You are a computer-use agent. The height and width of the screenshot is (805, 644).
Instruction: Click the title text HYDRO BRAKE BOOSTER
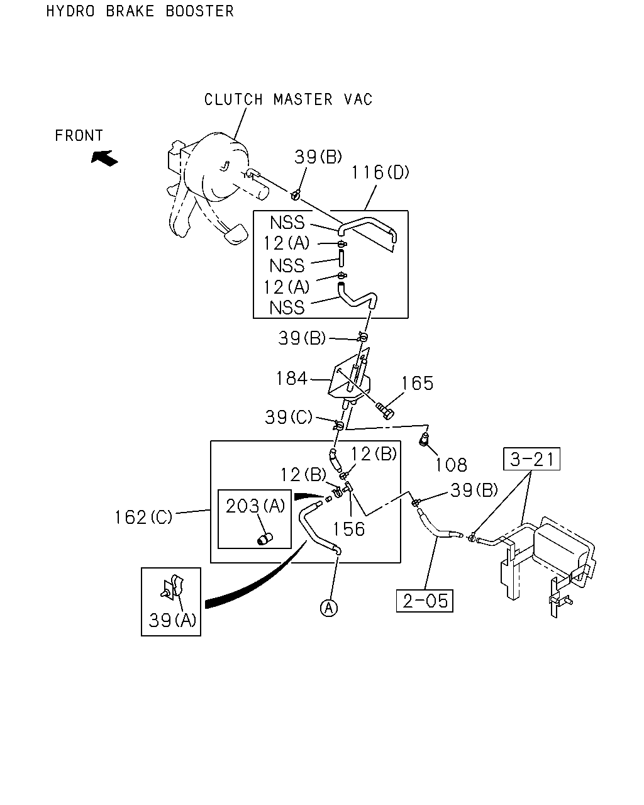pos(140,11)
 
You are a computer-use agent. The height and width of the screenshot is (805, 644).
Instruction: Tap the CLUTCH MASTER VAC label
pos(288,99)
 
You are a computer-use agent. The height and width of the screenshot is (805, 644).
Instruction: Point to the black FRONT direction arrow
pos(104,158)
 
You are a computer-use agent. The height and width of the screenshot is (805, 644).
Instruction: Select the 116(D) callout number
pos(380,172)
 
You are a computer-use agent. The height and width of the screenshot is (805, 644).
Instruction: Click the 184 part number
pos(292,378)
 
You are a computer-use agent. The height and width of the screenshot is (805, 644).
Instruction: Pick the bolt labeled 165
pos(385,411)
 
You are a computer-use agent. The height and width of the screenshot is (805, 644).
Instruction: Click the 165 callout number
pos(417,384)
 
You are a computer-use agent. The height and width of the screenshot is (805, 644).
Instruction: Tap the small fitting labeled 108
pos(423,439)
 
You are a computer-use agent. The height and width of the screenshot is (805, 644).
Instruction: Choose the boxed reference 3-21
pos(531,458)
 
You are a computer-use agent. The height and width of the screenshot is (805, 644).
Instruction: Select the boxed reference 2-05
pos(425,601)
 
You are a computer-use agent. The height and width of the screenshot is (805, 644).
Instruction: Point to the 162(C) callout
pos(143,518)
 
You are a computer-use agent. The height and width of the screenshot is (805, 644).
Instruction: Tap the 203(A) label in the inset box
pos(255,506)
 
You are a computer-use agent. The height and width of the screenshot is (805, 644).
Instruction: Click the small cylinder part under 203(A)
pos(265,540)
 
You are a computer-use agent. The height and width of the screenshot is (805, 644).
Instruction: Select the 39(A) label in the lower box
pos(172,620)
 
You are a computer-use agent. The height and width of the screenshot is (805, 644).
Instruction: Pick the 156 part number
pos(349,530)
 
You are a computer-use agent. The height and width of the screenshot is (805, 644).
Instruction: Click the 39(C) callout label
pos(289,417)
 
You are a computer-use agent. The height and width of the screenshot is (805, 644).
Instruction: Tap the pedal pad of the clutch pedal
pos(236,234)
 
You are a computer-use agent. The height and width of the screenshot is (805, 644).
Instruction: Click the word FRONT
pos(79,136)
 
